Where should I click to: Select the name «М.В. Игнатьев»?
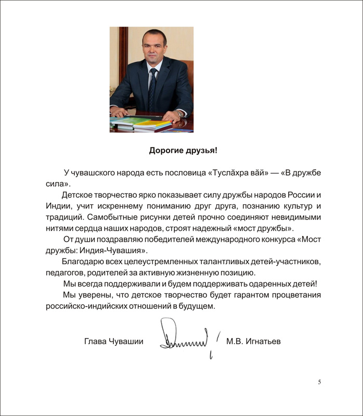(253, 341)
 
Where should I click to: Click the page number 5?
(319, 383)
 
